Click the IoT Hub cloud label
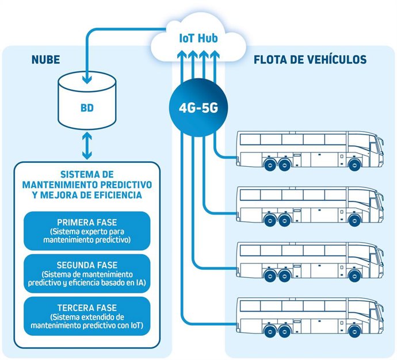[x=198, y=39]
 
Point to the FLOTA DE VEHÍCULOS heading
[x=310, y=60]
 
